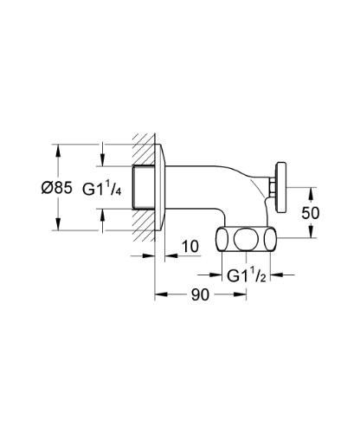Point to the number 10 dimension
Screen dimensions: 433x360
point(190,248)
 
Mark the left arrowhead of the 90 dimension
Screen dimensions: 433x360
point(159,295)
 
